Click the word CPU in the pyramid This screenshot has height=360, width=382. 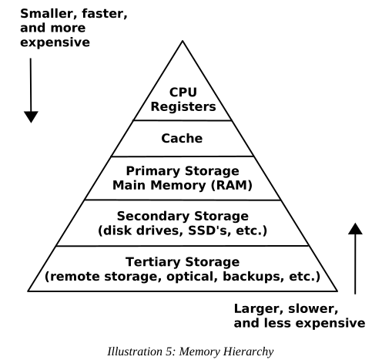tap(183, 93)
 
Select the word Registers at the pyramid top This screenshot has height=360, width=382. tap(183, 107)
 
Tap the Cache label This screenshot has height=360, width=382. tap(182, 138)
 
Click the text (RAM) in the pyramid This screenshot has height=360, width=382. tap(232, 185)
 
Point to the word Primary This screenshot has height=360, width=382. tap(153, 171)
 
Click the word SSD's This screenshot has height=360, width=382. tap(208, 230)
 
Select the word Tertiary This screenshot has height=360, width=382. tap(153, 262)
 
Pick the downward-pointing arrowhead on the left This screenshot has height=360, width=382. tap(31, 117)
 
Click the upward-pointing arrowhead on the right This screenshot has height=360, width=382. tap(355, 229)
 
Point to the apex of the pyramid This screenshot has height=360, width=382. tap(183, 41)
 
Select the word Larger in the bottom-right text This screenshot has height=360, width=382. tap(259, 309)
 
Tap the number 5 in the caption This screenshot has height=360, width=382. tap(169, 352)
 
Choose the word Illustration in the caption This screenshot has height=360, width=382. tap(135, 352)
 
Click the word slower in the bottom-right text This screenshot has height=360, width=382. tap(313, 309)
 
